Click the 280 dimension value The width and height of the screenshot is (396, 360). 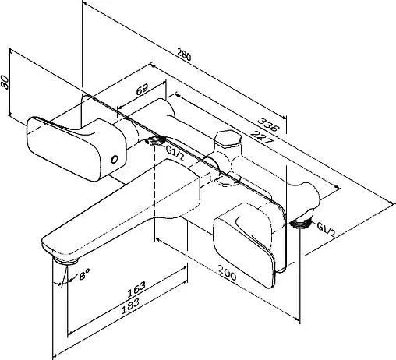[184, 55]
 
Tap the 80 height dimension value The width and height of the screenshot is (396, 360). [5, 82]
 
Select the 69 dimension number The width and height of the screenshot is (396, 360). [142, 90]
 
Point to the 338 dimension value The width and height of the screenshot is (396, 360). [269, 125]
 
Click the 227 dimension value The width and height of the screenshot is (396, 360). [262, 137]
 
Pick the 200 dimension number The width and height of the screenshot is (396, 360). [227, 273]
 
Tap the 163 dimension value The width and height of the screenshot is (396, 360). [136, 289]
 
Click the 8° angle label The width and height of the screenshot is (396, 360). [84, 274]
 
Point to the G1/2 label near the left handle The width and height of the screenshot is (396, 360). [175, 154]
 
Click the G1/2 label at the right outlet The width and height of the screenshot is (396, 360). [326, 230]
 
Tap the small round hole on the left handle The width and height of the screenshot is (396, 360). [115, 160]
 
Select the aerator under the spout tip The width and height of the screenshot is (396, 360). [65, 260]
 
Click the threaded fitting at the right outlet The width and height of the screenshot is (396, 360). [300, 223]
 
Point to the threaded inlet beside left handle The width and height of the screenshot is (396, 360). [155, 140]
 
